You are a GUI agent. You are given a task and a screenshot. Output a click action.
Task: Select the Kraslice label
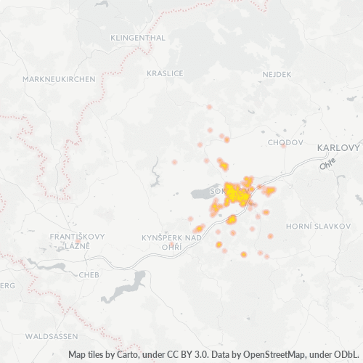(x=165, y=73)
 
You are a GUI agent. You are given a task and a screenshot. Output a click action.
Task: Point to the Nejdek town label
(x=277, y=74)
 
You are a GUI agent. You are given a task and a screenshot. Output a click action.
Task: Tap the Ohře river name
(x=329, y=166)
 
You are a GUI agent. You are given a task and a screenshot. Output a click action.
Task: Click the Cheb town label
(x=88, y=275)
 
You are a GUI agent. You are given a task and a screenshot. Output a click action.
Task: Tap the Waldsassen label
(x=51, y=337)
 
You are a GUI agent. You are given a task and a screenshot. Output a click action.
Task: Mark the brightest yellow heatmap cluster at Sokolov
(x=234, y=193)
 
